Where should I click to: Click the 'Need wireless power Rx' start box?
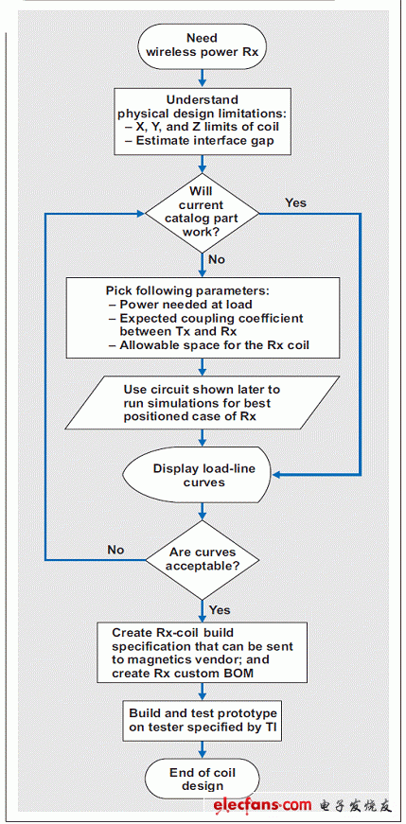[203, 44]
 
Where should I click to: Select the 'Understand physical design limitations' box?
[203, 121]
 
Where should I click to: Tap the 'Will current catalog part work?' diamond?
[203, 213]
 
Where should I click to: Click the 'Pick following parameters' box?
[203, 318]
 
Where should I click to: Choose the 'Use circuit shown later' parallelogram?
[203, 403]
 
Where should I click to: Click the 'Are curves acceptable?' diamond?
[203, 559]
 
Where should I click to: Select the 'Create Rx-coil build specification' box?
[203, 653]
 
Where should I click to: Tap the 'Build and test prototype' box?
[203, 721]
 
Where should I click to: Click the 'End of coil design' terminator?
[203, 780]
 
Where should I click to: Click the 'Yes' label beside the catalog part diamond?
[295, 202]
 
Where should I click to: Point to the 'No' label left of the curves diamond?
[115, 550]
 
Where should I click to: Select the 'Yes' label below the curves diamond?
[220, 609]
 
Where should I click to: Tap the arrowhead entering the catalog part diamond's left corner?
[140, 214]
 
